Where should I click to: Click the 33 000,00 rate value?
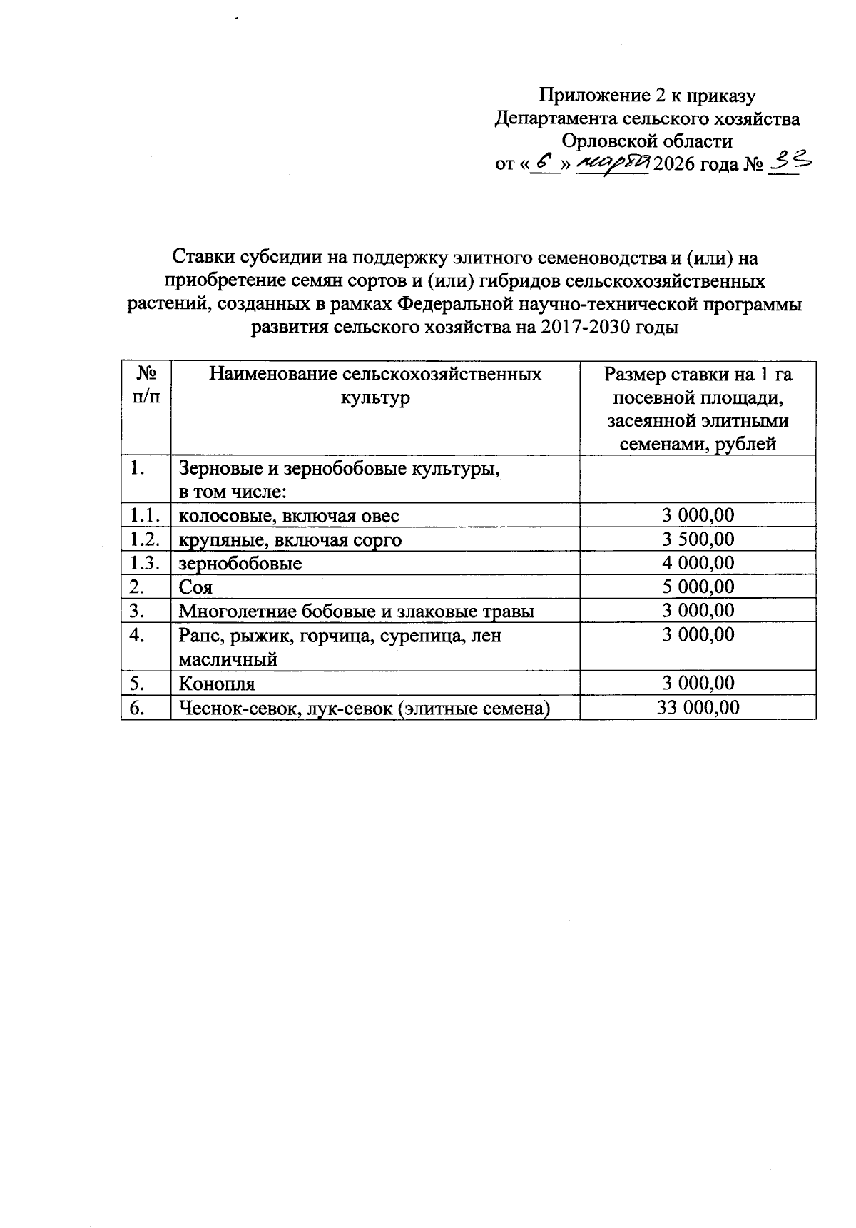[x=698, y=707]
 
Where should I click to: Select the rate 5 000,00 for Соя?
[x=698, y=587]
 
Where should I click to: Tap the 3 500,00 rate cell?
[x=698, y=539]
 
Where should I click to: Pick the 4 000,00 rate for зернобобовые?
[x=698, y=563]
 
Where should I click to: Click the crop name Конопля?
[x=217, y=684]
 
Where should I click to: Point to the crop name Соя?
[x=195, y=587]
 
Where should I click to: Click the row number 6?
[x=138, y=707]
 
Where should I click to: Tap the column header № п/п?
[x=146, y=385]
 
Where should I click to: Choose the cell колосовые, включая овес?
[x=289, y=516]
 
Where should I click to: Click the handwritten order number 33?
[x=789, y=163]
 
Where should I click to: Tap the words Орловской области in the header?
[x=647, y=141]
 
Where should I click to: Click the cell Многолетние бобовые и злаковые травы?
[x=357, y=611]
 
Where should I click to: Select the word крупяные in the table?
[x=212, y=540]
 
